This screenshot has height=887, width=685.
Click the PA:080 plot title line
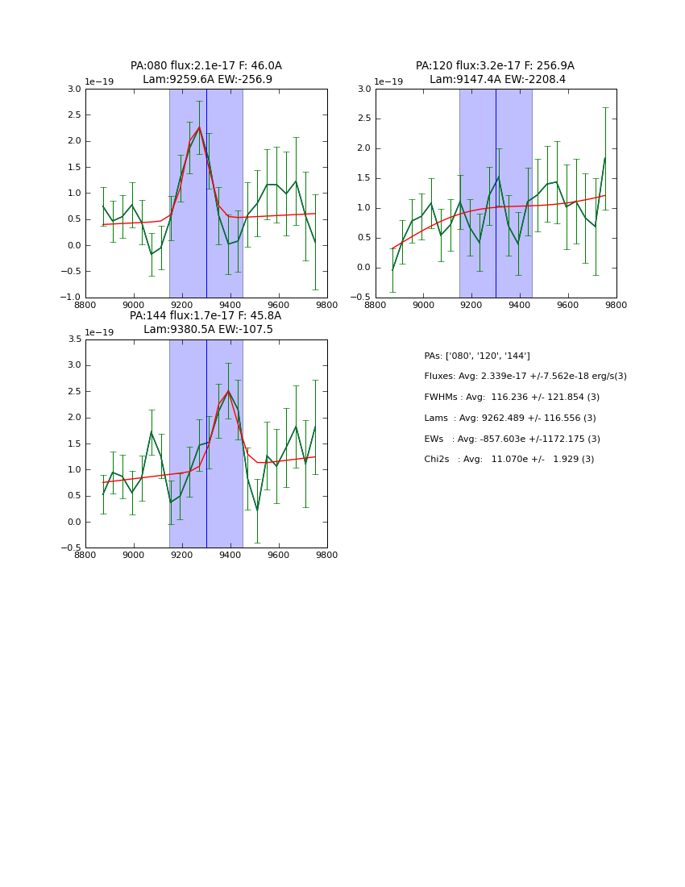(x=206, y=66)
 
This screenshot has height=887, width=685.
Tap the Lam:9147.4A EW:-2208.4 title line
(x=497, y=80)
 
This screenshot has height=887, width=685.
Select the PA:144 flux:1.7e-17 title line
(x=205, y=316)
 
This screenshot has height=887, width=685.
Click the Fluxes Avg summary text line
(x=525, y=377)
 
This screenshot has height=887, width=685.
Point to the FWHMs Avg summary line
(x=512, y=398)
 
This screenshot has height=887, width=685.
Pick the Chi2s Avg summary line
(x=509, y=460)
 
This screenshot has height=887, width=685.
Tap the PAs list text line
(x=477, y=356)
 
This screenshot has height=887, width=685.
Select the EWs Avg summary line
(x=512, y=439)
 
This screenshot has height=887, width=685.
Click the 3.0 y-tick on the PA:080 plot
(x=73, y=89)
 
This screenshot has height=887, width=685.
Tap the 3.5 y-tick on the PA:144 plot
(x=73, y=339)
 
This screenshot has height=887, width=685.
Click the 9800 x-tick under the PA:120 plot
(x=616, y=305)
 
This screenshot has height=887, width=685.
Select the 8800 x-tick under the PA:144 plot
(x=85, y=555)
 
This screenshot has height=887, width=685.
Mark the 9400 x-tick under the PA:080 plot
(x=230, y=305)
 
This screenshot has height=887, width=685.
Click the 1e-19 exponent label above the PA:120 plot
(x=388, y=81)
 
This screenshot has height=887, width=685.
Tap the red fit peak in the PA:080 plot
(x=199, y=127)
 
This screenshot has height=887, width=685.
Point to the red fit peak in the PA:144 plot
(x=228, y=391)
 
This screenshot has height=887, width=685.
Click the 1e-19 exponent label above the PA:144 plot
(x=99, y=332)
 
